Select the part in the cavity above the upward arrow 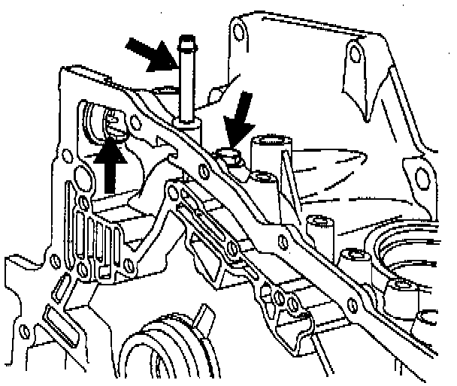pyautogui.click(x=114, y=120)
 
